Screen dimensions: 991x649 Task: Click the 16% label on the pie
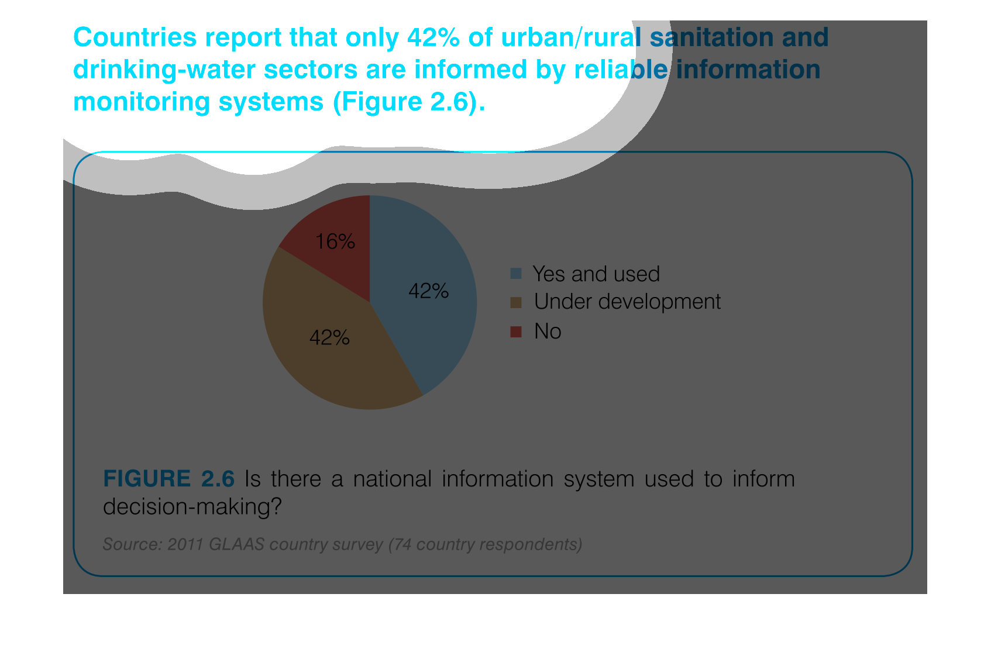pos(335,241)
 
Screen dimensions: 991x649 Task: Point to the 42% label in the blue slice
pos(428,291)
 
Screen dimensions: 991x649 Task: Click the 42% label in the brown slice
pos(329,338)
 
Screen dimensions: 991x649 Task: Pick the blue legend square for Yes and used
pos(516,273)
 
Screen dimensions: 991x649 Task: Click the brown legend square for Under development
pos(516,302)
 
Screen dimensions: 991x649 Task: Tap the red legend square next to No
pos(516,332)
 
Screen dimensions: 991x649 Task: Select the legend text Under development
pos(627,302)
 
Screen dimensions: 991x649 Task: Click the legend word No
pos(548,331)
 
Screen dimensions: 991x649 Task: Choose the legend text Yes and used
pos(596,274)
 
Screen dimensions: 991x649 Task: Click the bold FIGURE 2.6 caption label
pos(168,478)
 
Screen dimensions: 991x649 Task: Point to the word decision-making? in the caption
pos(192,506)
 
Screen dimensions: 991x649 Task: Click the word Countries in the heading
pos(135,37)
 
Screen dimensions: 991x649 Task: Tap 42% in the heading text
pos(433,37)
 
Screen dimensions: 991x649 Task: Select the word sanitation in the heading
pos(711,37)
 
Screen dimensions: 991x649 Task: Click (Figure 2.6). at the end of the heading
pos(409,102)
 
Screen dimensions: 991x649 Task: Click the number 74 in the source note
pos(402,544)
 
